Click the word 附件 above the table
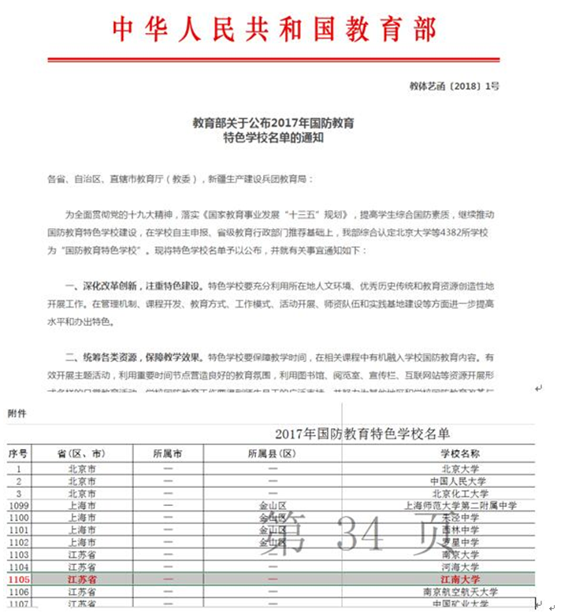[17, 412]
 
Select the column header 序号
[17, 454]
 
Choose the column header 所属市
[167, 454]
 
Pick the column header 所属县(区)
[272, 454]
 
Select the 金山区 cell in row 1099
[272, 506]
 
